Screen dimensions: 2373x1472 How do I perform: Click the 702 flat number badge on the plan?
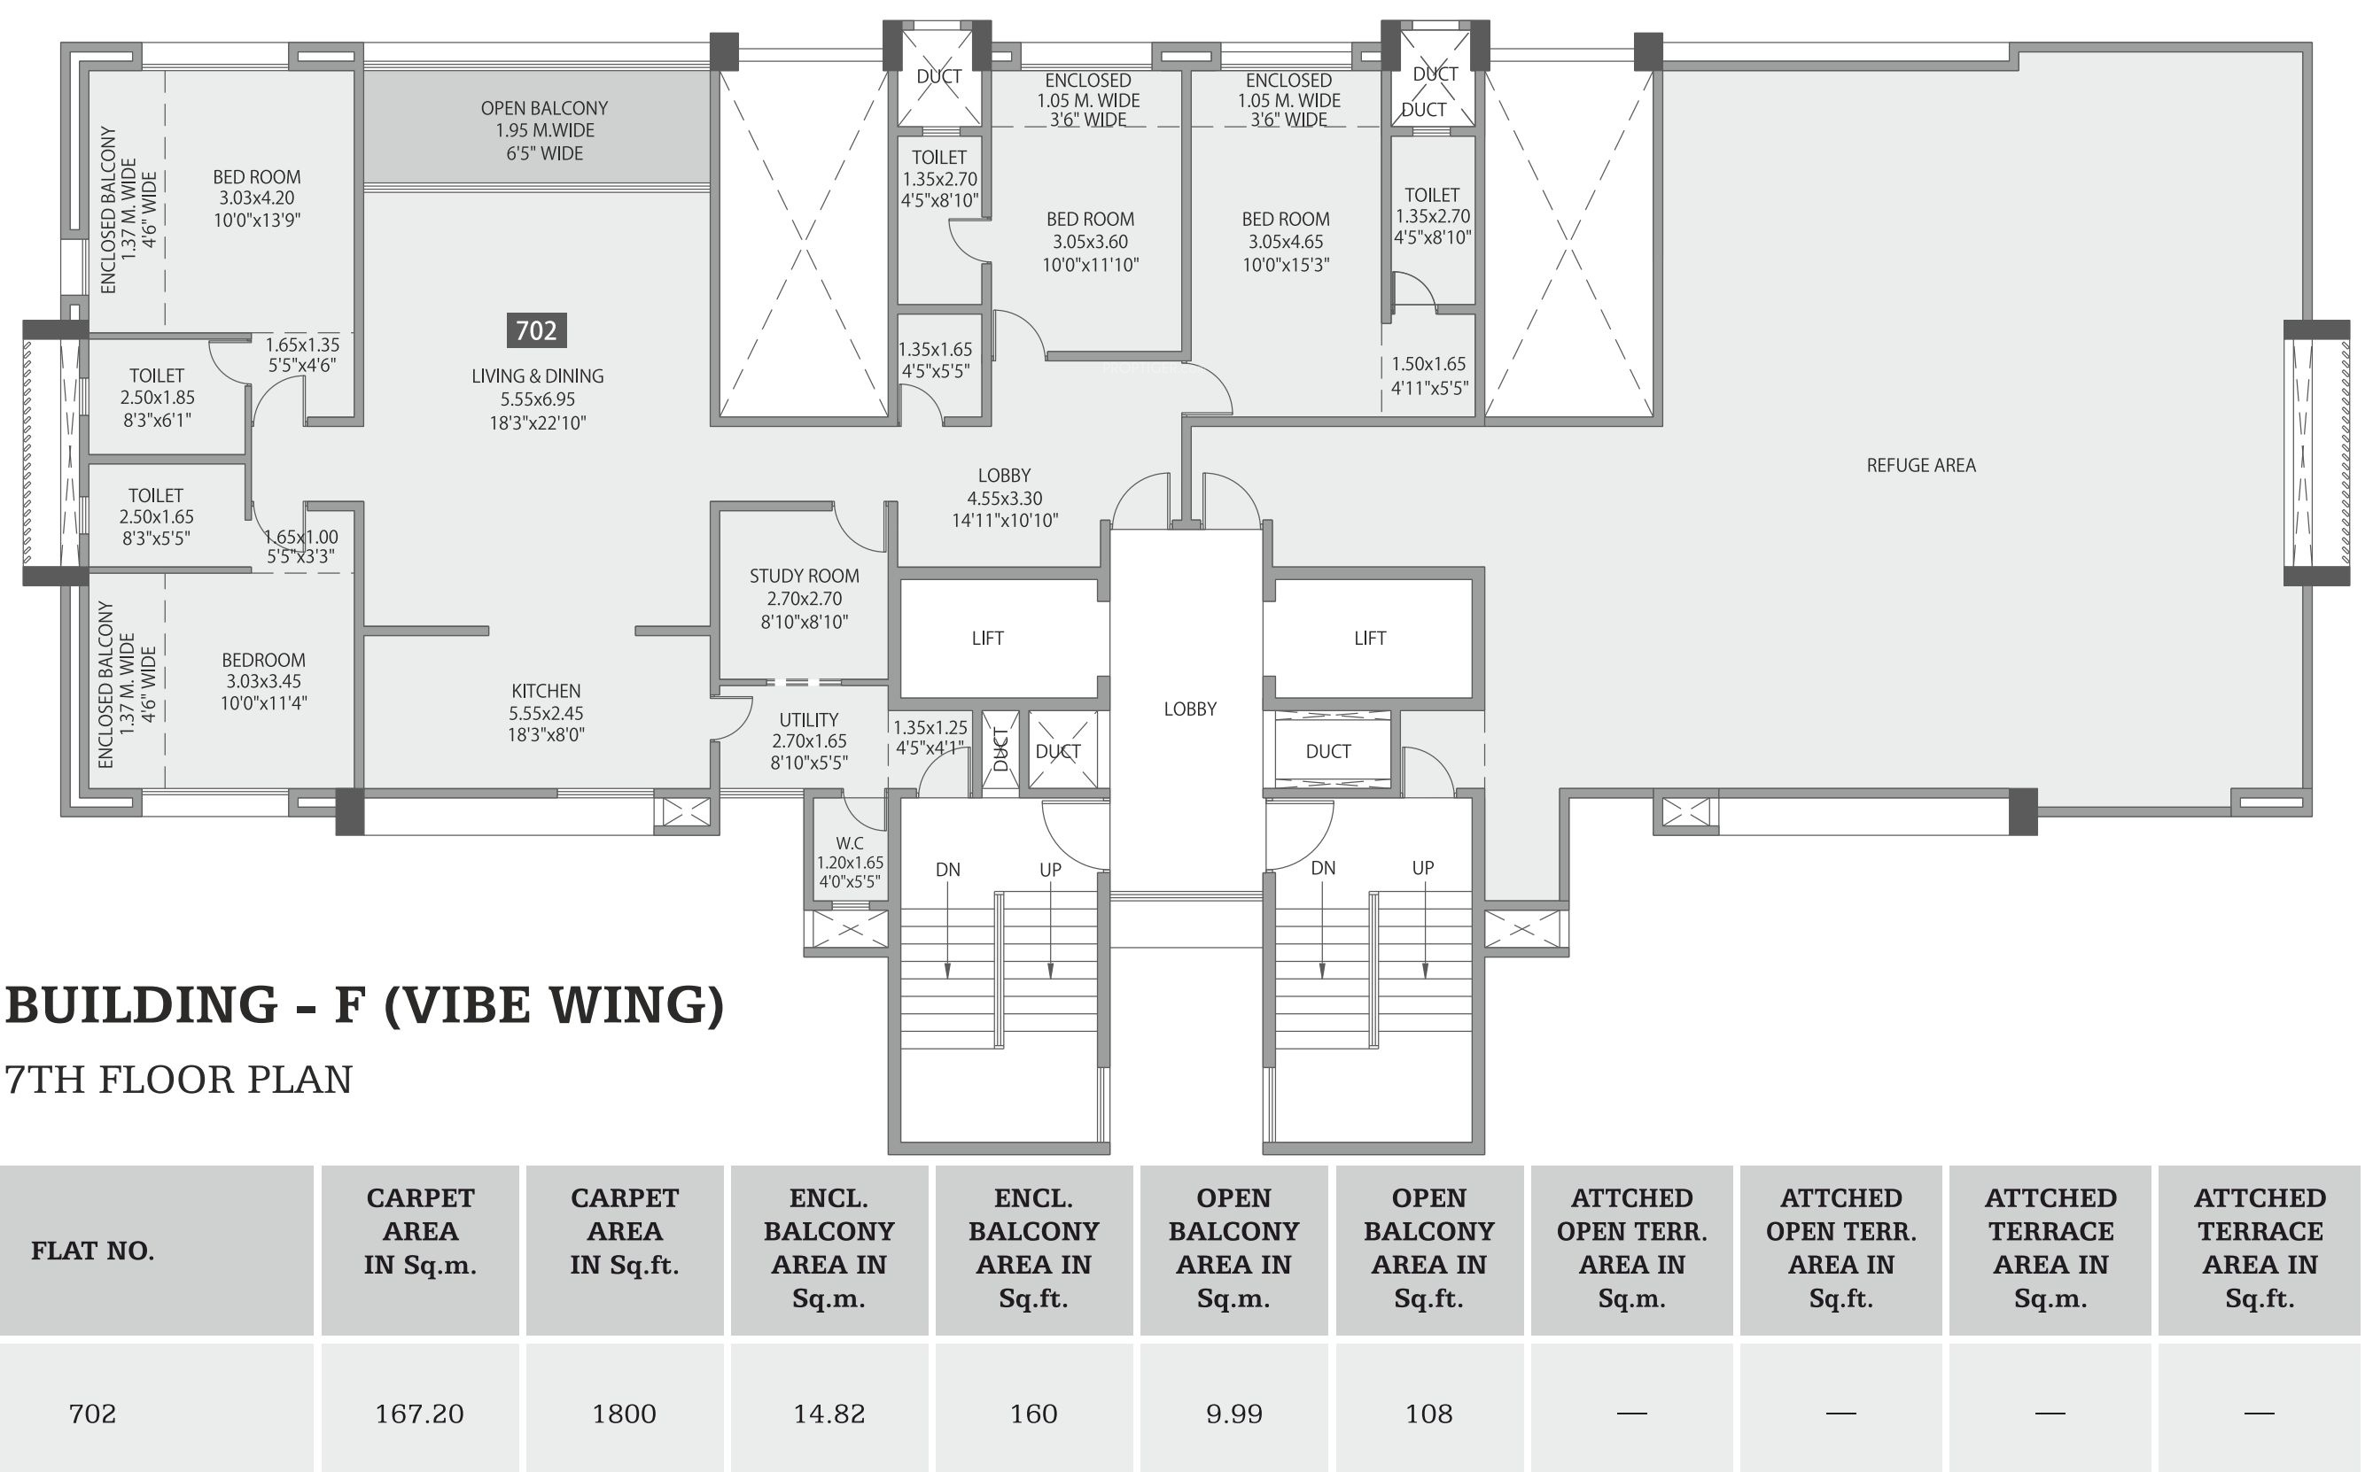(x=536, y=331)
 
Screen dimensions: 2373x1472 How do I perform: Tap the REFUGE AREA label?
(x=1921, y=465)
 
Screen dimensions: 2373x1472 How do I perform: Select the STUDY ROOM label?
(x=805, y=577)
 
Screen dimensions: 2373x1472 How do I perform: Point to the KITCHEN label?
(x=545, y=691)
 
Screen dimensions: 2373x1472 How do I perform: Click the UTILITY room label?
(x=808, y=719)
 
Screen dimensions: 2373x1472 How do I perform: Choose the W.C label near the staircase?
(x=849, y=843)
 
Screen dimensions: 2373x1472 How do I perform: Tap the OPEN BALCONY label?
(x=544, y=108)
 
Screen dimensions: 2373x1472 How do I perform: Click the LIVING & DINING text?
(x=538, y=376)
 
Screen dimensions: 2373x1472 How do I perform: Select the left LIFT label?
(x=987, y=639)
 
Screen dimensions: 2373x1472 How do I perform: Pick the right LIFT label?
(x=1370, y=639)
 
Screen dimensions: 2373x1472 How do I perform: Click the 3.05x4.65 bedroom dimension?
(x=1286, y=242)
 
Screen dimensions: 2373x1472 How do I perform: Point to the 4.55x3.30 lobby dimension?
(x=1004, y=499)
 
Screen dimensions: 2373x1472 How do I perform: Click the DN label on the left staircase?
(x=947, y=870)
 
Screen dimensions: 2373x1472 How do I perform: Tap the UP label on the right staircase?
(x=1422, y=867)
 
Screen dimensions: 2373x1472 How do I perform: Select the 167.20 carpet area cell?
(x=420, y=1414)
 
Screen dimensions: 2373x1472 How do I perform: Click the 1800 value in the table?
(x=624, y=1414)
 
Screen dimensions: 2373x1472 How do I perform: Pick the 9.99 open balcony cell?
(x=1233, y=1414)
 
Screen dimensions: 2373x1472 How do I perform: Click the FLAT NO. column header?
(x=92, y=1251)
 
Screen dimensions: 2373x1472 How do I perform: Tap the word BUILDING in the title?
(x=141, y=1005)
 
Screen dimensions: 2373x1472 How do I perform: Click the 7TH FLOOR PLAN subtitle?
(x=178, y=1080)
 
